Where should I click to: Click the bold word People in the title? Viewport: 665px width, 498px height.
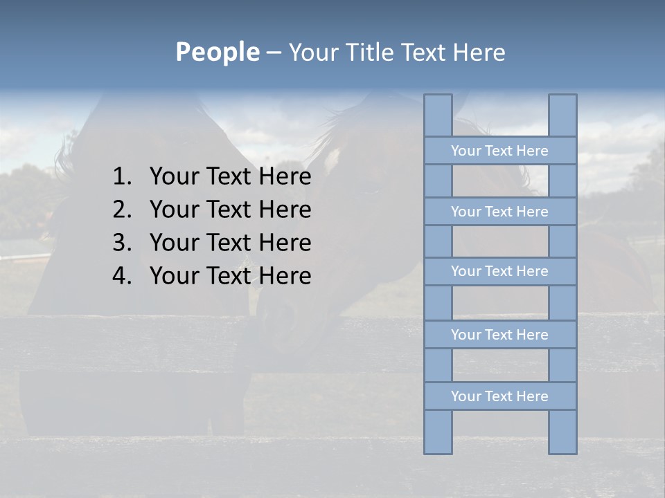(x=217, y=52)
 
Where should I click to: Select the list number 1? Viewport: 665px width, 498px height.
(x=121, y=177)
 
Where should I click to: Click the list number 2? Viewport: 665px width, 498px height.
(x=121, y=210)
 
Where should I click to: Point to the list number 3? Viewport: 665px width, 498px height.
(x=121, y=243)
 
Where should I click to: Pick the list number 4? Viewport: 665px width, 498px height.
(x=121, y=276)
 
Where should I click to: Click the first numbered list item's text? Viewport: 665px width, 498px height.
(x=230, y=177)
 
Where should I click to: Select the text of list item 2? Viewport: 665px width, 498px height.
(x=230, y=210)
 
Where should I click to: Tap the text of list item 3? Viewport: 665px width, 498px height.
(x=230, y=243)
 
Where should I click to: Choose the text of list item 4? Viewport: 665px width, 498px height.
(x=230, y=276)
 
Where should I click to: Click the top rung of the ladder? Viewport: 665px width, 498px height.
(x=499, y=151)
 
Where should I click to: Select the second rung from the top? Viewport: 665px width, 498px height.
(x=499, y=212)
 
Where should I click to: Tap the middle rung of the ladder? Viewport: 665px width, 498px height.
(x=499, y=271)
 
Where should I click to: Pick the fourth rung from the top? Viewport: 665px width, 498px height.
(x=499, y=335)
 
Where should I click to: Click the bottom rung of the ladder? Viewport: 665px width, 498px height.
(x=499, y=396)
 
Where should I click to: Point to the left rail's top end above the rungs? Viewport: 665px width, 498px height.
(x=438, y=115)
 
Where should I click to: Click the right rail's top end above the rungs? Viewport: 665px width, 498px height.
(x=562, y=115)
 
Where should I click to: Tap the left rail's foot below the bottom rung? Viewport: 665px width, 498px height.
(x=438, y=432)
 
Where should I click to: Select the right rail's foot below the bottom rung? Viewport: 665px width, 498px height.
(x=562, y=432)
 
